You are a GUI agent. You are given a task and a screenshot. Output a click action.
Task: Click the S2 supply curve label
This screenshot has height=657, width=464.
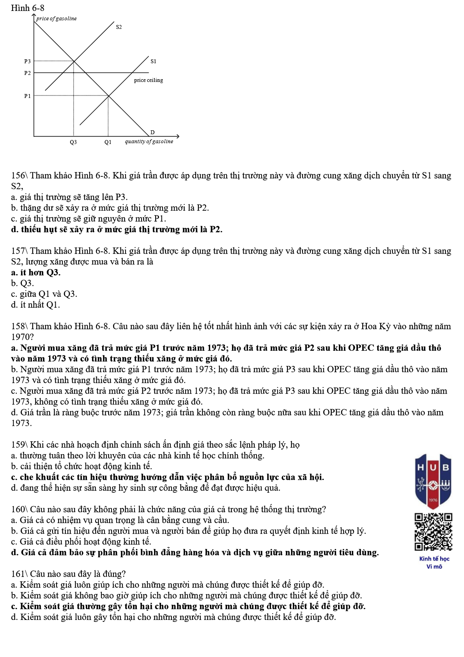119,27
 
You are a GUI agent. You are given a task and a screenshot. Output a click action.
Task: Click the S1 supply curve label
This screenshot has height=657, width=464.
153,61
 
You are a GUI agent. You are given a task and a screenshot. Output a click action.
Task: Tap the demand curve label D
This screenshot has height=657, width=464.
152,132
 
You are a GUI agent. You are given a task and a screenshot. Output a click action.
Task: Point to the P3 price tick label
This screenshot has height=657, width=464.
27,61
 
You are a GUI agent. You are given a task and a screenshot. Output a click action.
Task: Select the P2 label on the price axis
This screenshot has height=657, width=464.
27,73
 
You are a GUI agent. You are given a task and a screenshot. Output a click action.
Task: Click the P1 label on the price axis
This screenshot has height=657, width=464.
27,96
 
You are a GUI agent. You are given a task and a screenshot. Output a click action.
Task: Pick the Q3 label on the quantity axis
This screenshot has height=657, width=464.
73,142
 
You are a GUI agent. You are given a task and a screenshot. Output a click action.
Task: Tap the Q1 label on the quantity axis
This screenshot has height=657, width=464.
108,142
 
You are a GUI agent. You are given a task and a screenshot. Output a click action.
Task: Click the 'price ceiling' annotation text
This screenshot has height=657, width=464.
149,80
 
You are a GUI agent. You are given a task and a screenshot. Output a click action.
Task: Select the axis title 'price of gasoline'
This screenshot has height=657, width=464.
57,18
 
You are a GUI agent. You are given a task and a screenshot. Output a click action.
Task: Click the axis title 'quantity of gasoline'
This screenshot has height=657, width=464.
149,142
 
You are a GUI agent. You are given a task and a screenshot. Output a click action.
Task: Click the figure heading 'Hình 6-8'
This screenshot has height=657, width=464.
28,8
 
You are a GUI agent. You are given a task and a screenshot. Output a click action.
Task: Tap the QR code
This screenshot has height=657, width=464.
433,532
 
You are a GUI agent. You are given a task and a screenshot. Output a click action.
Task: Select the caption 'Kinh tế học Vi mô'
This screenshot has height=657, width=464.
434,563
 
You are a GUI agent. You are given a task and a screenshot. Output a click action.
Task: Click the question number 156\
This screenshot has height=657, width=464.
19,176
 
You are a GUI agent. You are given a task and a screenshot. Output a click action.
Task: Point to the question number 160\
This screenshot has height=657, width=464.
19,510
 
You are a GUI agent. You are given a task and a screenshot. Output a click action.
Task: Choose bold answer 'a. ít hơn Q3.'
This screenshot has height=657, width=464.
36,272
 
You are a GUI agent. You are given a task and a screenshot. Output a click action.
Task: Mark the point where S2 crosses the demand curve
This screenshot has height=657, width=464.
74,61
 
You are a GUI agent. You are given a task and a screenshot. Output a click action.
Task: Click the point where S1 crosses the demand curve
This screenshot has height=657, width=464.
108,96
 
